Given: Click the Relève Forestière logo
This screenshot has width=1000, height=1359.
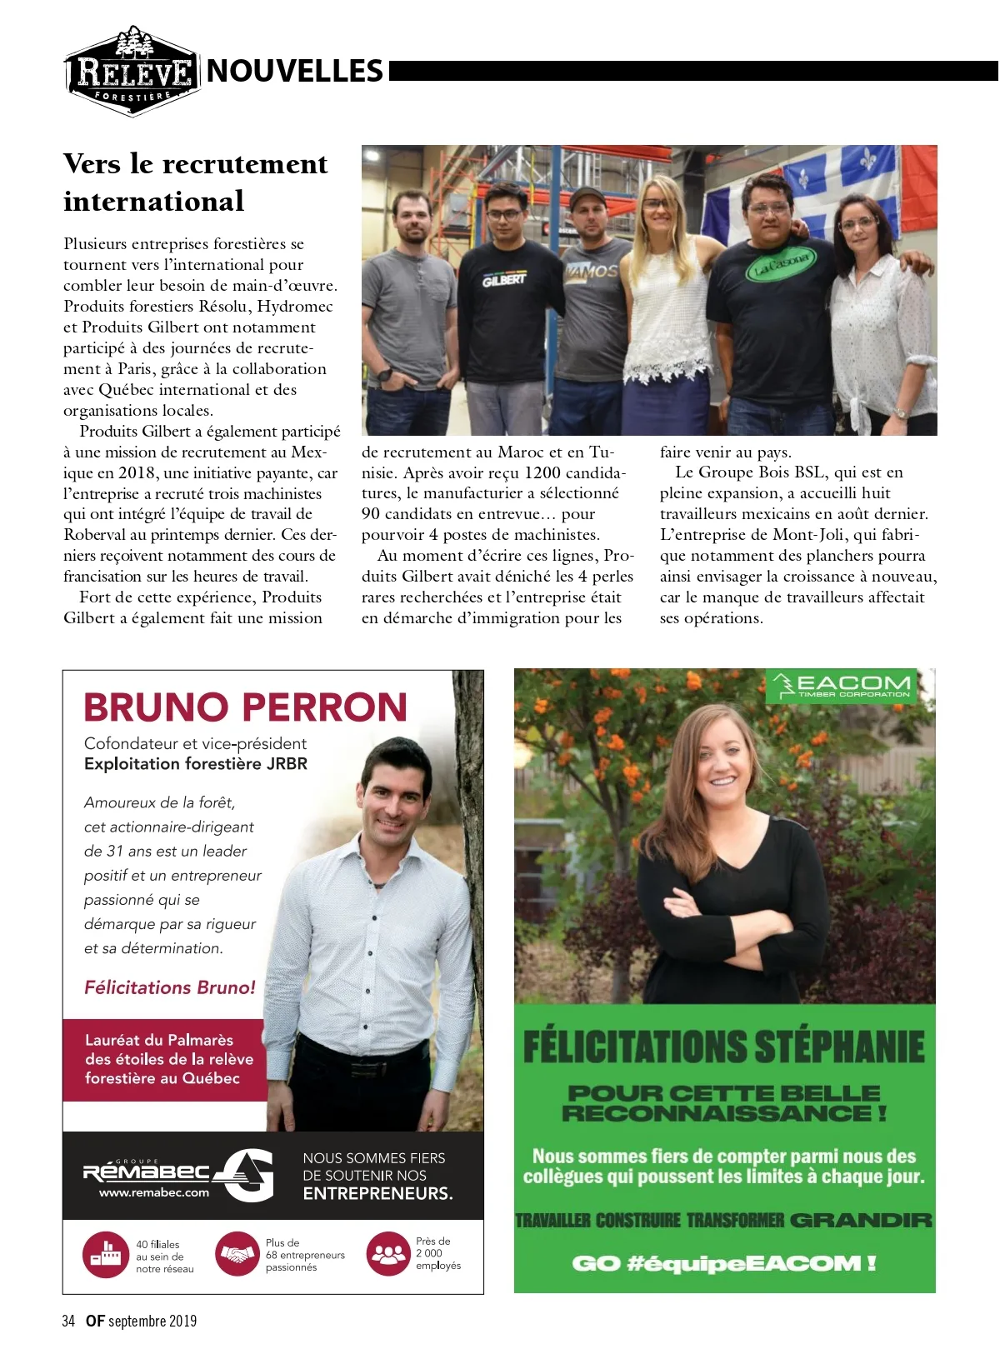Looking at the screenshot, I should tap(132, 72).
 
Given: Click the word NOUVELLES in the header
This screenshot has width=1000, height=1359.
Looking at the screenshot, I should tap(294, 72).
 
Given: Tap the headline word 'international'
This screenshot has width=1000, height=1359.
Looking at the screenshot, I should tap(154, 202).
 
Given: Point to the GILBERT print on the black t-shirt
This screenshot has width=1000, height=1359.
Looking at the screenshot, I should tap(503, 280).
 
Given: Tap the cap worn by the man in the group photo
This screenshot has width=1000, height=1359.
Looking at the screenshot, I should tap(587, 197).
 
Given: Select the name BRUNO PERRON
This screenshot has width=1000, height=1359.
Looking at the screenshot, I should tap(245, 707).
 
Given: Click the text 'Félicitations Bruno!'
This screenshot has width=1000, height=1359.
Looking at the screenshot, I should tap(170, 987).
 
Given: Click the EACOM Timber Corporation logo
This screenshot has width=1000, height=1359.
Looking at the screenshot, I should tap(841, 687).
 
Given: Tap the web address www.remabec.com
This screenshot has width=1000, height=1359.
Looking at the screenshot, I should tap(154, 1192).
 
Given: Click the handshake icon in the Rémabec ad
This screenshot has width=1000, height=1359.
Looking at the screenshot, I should tap(237, 1254).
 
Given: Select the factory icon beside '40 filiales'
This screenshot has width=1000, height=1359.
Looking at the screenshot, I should tap(104, 1254).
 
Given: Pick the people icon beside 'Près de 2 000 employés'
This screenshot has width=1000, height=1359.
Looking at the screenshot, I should tap(387, 1254).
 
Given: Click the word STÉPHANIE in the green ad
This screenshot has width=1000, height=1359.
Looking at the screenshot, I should tap(839, 1047).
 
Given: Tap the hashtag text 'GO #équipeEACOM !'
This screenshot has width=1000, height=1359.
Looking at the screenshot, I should tap(724, 1263).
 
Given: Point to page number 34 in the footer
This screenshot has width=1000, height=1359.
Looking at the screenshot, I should tap(68, 1321).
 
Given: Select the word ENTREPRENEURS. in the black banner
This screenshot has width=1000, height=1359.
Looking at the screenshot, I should tap(378, 1193).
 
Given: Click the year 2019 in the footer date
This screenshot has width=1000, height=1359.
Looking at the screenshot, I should tap(182, 1321).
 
